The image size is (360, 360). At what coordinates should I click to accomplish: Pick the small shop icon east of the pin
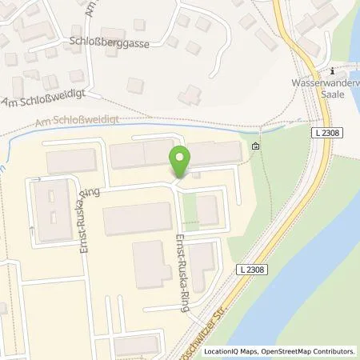(255, 146)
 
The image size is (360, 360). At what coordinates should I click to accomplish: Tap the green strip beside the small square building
(189, 210)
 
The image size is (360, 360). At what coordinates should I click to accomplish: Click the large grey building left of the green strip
(138, 218)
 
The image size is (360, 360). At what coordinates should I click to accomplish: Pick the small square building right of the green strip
(207, 210)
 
